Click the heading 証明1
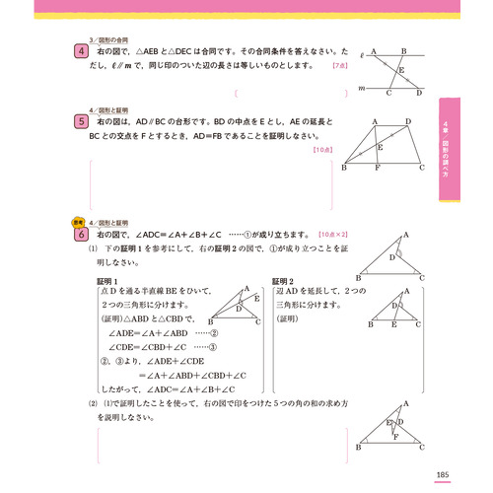[x=109, y=281]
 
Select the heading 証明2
[x=284, y=281]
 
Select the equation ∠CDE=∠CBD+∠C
[x=157, y=347]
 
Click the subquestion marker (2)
[x=94, y=405]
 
